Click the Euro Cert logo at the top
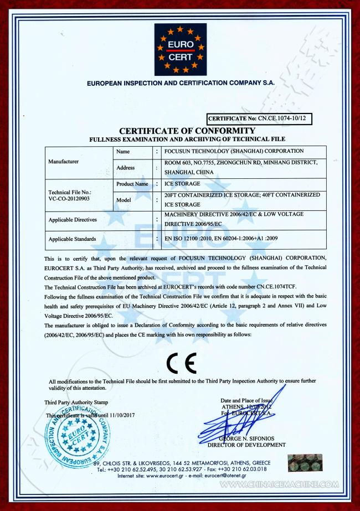coord(180,49)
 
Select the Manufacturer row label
coord(64,162)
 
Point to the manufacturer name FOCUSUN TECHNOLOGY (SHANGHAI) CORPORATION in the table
coord(234,151)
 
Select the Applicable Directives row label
coord(73,220)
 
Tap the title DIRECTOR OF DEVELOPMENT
coord(246,445)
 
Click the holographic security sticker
coord(305,463)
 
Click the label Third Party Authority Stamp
coord(76,402)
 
